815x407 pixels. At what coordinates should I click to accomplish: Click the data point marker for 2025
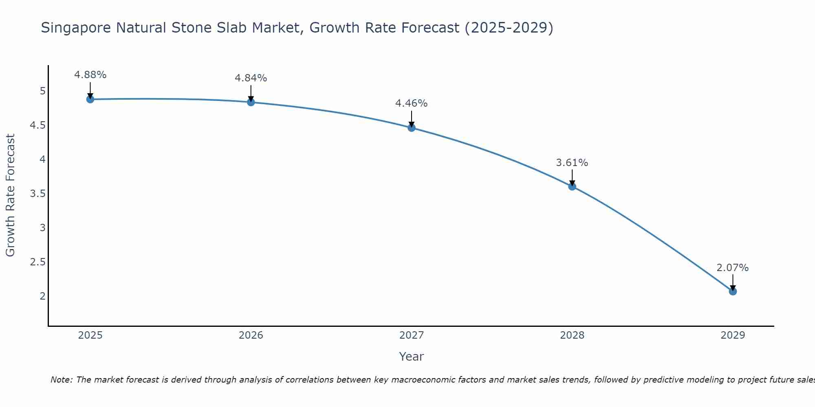coord(90,99)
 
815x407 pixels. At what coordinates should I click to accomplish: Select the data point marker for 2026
coord(251,102)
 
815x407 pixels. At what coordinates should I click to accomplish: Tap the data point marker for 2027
coord(412,128)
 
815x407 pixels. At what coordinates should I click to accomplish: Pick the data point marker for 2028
coord(572,187)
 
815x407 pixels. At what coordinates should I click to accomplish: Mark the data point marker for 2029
coord(733,291)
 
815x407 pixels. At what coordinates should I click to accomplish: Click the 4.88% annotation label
coord(90,75)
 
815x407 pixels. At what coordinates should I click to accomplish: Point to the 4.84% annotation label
coord(251,78)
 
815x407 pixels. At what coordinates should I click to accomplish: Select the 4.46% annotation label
coord(412,103)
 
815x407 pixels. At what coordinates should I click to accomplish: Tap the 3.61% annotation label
coord(572,163)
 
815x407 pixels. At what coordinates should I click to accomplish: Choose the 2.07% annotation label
coord(733,268)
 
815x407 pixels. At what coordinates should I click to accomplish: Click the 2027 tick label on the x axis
coord(412,335)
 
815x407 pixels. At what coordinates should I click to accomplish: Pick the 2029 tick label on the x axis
coord(733,335)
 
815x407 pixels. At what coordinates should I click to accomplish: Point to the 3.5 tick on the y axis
coord(37,193)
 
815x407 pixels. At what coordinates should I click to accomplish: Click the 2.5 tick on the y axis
coord(37,262)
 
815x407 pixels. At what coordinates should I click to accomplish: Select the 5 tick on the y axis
coord(42,91)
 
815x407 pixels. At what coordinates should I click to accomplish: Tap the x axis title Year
coord(412,357)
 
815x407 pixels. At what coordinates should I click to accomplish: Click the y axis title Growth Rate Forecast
coord(10,195)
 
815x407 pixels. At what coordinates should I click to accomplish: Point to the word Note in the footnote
coord(61,380)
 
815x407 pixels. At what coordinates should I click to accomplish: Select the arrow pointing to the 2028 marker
coord(572,177)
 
